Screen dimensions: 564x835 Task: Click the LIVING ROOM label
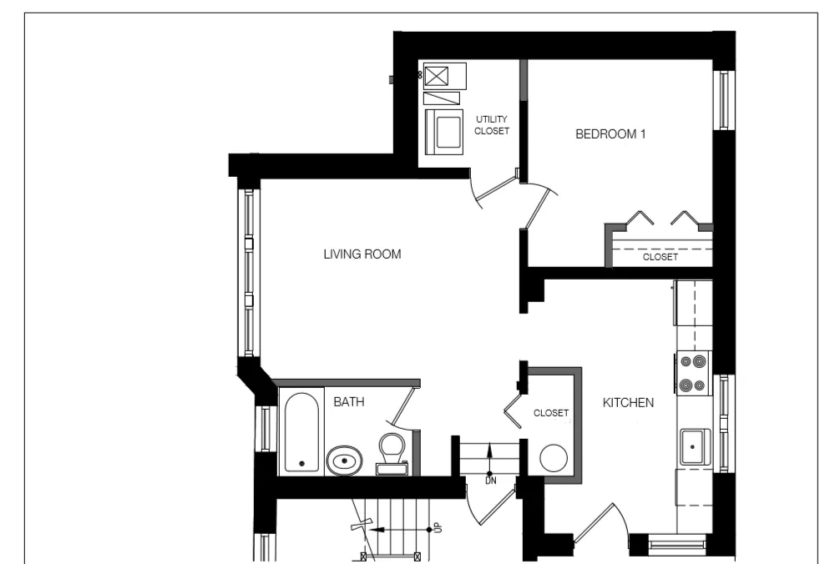point(362,254)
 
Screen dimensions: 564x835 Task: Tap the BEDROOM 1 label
point(611,134)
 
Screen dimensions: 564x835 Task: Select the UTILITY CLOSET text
point(492,125)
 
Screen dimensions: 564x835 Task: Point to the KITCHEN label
point(628,403)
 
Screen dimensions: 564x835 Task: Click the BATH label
point(349,402)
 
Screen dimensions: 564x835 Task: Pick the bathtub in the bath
point(301,433)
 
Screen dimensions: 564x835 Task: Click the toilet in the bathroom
point(391,451)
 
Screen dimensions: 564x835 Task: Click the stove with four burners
point(692,373)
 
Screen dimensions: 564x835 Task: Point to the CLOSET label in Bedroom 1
point(660,257)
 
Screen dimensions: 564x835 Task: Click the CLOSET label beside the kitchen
point(551,413)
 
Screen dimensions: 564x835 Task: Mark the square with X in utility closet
point(436,78)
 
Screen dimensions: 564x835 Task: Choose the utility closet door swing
point(493,191)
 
